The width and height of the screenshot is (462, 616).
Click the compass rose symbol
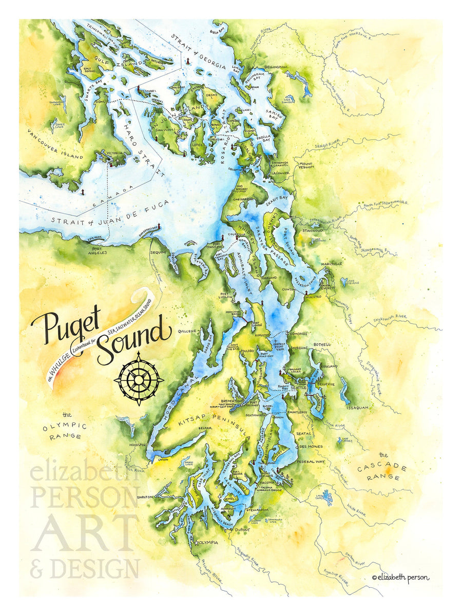coord(139,379)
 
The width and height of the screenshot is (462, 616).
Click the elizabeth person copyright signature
coord(400,577)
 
